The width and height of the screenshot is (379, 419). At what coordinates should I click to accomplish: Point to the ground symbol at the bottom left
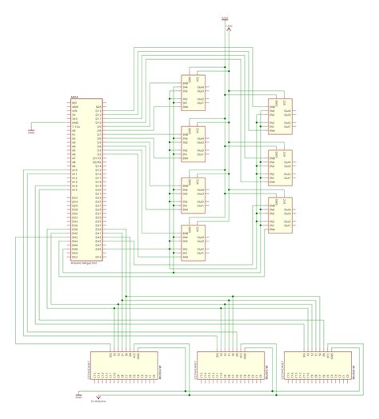[78, 395]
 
